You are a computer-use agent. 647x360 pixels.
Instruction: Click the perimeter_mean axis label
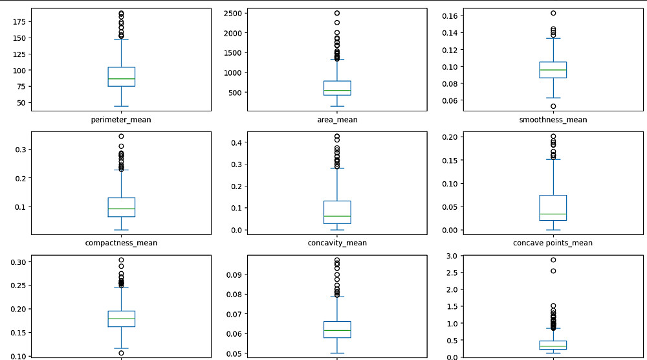click(x=121, y=120)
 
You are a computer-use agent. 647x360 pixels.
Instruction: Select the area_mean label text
click(x=336, y=120)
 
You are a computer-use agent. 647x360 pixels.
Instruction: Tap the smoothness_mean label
click(x=553, y=120)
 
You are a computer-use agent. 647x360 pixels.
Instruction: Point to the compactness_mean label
click(x=121, y=243)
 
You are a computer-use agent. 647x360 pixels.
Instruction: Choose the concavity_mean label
click(x=336, y=243)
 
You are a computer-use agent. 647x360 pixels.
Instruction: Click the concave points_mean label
click(x=553, y=243)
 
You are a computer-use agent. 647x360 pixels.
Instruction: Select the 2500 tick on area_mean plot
click(x=231, y=14)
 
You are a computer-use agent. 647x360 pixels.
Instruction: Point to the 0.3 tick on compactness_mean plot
click(x=20, y=150)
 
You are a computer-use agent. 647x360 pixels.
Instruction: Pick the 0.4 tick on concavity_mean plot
click(x=236, y=142)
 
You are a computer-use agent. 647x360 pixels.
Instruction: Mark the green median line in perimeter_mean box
click(x=121, y=79)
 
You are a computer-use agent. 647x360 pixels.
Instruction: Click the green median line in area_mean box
click(x=336, y=91)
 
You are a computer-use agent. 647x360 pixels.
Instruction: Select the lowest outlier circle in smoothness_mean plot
click(x=553, y=106)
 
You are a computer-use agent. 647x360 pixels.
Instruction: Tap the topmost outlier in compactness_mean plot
click(x=121, y=137)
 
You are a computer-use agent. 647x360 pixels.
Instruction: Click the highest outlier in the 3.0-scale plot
click(x=553, y=260)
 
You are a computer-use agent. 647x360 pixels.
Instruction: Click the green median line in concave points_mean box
click(x=553, y=214)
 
